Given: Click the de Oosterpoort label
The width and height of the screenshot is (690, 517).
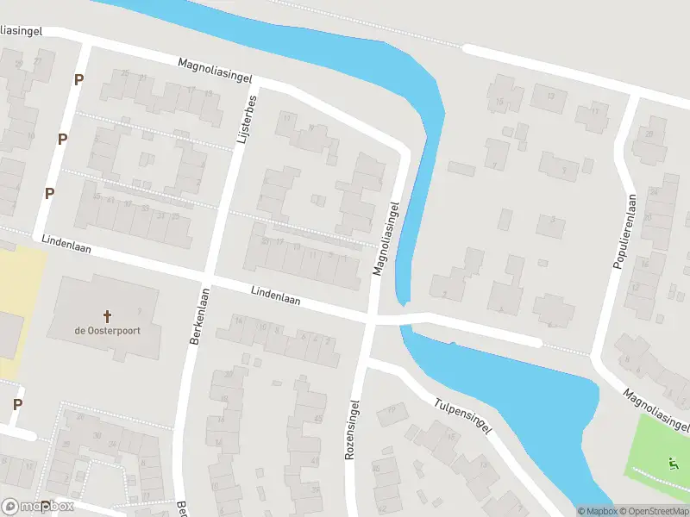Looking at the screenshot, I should click(108, 330).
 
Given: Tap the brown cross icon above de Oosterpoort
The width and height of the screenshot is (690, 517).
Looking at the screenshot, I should click(108, 315).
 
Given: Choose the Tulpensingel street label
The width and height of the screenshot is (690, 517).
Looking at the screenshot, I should click(464, 415).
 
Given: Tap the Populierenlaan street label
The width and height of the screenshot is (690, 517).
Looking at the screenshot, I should click(625, 230).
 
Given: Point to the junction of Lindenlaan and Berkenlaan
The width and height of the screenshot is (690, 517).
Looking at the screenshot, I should click(208, 278).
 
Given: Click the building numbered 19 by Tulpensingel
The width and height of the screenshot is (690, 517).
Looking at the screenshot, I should click(393, 410).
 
